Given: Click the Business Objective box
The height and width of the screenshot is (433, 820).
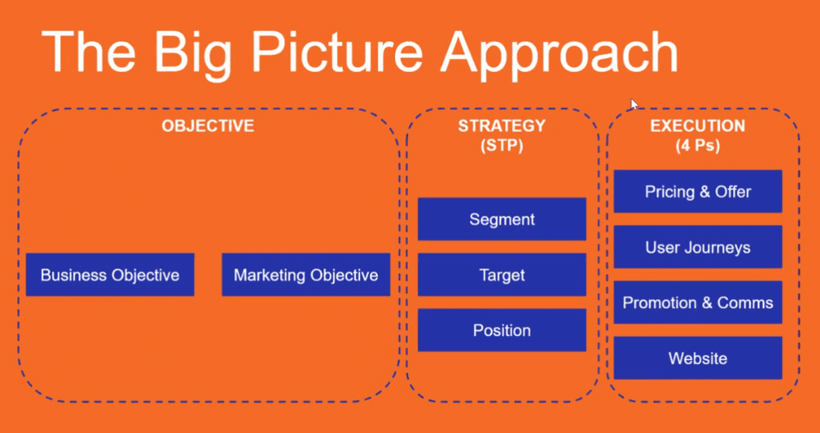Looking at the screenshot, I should point(109,275).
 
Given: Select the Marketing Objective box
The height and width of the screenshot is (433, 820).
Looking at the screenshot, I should point(306,275).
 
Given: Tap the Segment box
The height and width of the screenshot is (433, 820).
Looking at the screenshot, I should point(502,220).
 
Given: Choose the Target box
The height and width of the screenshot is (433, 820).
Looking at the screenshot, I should point(502,275).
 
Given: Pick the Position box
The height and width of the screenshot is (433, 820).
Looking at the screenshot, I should point(502,331).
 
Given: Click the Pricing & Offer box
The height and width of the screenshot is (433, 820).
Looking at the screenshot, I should point(697,192).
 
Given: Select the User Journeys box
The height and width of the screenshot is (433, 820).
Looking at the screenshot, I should point(697,248).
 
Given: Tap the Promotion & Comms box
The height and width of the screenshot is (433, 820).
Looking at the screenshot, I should point(697,303).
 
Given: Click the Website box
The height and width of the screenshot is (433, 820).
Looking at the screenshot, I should point(697,359).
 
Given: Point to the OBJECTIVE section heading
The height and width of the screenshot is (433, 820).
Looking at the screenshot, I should point(207,126).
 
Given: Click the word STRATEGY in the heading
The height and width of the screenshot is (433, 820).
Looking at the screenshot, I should point(501,126).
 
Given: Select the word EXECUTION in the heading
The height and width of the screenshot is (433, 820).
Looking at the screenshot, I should point(697,126).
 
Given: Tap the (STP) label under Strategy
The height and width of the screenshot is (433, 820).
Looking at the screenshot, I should point(501,145).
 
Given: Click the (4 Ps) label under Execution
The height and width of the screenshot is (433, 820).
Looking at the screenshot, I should point(697,145).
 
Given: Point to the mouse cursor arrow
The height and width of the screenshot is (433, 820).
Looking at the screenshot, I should point(635,105).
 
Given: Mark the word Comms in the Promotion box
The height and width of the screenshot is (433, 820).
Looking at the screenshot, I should point(745,303).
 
